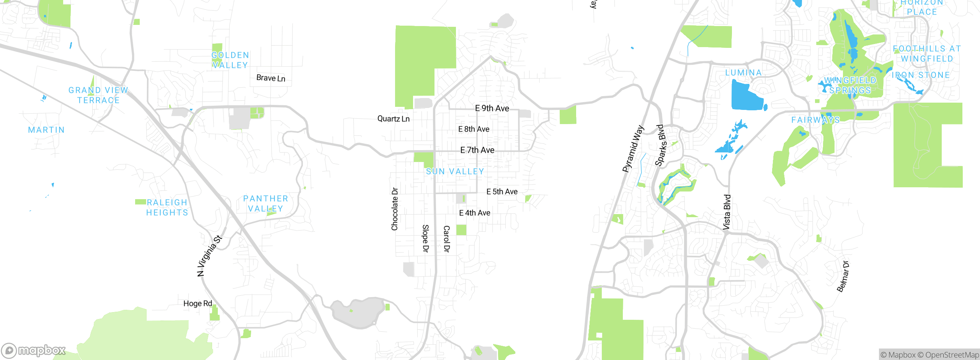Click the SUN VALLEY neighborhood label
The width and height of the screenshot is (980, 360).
coord(455,172)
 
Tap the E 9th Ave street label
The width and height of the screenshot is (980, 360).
coord(492,108)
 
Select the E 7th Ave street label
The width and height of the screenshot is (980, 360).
coord(477,150)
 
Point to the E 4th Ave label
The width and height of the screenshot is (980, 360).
coord(475,213)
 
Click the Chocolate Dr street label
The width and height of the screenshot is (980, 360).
coord(395,209)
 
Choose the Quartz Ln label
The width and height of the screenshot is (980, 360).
coord(393,119)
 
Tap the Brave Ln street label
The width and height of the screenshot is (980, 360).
coord(271,78)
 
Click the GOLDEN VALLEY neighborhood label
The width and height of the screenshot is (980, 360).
coord(230,60)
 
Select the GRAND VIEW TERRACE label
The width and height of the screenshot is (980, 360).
coord(98,95)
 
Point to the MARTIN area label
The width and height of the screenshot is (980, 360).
coord(46,130)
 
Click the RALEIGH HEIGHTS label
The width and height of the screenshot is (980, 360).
coord(167,207)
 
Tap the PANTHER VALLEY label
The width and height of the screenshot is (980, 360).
coord(266,203)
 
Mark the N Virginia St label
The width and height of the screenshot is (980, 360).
coord(209,256)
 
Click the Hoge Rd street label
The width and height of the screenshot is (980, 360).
coord(198,303)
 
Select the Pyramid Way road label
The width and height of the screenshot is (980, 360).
coord(633,149)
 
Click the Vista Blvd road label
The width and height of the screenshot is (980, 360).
coord(727,212)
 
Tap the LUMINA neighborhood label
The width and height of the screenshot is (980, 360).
coord(743,73)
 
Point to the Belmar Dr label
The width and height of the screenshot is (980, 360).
coord(843,277)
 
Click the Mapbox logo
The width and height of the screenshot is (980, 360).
coord(34,350)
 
